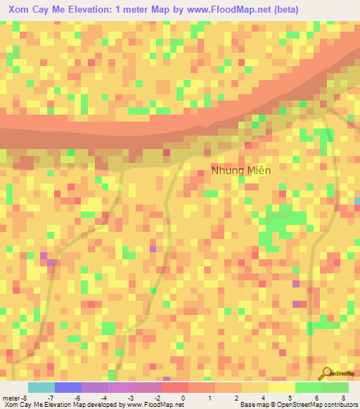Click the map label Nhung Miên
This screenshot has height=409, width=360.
point(240,170)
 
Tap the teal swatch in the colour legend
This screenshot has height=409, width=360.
point(41,387)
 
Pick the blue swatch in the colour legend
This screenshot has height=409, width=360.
point(68,387)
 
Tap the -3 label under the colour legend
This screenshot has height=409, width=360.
point(130,398)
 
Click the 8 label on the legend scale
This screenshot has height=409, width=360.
point(343,398)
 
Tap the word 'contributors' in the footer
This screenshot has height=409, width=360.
point(340,405)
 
